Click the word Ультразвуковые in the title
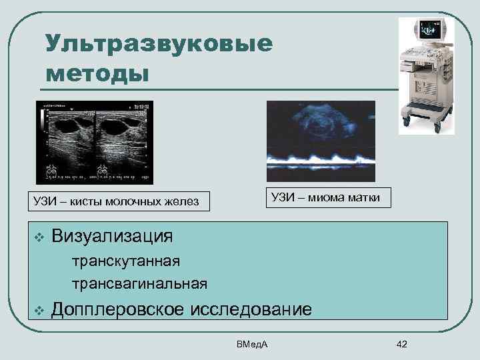(159, 44)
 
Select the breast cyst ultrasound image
(95, 142)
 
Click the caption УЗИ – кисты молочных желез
(117, 201)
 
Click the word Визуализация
(113, 235)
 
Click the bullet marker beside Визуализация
(39, 237)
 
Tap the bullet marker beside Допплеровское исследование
(39, 310)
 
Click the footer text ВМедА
(251, 344)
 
